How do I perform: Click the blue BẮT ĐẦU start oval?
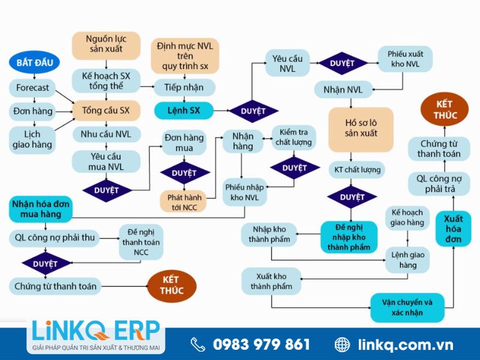click(x=34, y=62)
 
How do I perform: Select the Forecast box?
click(x=32, y=88)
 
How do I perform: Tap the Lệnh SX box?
click(x=184, y=110)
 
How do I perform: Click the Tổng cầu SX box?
click(x=106, y=110)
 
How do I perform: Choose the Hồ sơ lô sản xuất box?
click(x=361, y=129)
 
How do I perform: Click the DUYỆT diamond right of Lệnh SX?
click(x=253, y=111)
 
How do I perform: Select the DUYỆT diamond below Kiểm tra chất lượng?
click(x=295, y=168)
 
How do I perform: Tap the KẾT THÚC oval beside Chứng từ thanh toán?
click(x=172, y=286)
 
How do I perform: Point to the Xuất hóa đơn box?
click(x=454, y=229)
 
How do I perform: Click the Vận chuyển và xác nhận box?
click(x=407, y=308)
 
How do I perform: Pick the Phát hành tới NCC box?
click(x=184, y=202)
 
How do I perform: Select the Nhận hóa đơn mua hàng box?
click(x=41, y=209)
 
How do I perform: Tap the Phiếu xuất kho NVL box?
click(x=406, y=59)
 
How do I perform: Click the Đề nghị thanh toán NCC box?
click(x=141, y=242)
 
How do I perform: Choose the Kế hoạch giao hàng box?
click(x=407, y=217)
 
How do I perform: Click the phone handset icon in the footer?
click(x=198, y=344)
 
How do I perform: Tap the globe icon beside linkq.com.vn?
click(x=342, y=344)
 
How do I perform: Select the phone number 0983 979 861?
click(x=261, y=344)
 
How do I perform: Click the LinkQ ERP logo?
click(x=96, y=335)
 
